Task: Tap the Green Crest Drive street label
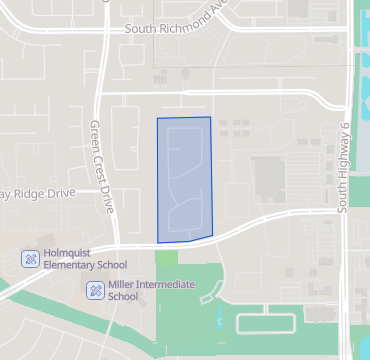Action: click(102, 167)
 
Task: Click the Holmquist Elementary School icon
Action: click(31, 259)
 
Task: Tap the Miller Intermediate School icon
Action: click(94, 291)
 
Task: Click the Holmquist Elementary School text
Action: click(85, 259)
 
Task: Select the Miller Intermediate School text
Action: click(150, 291)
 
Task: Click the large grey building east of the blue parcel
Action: click(269, 178)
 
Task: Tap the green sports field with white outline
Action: click(265, 321)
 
